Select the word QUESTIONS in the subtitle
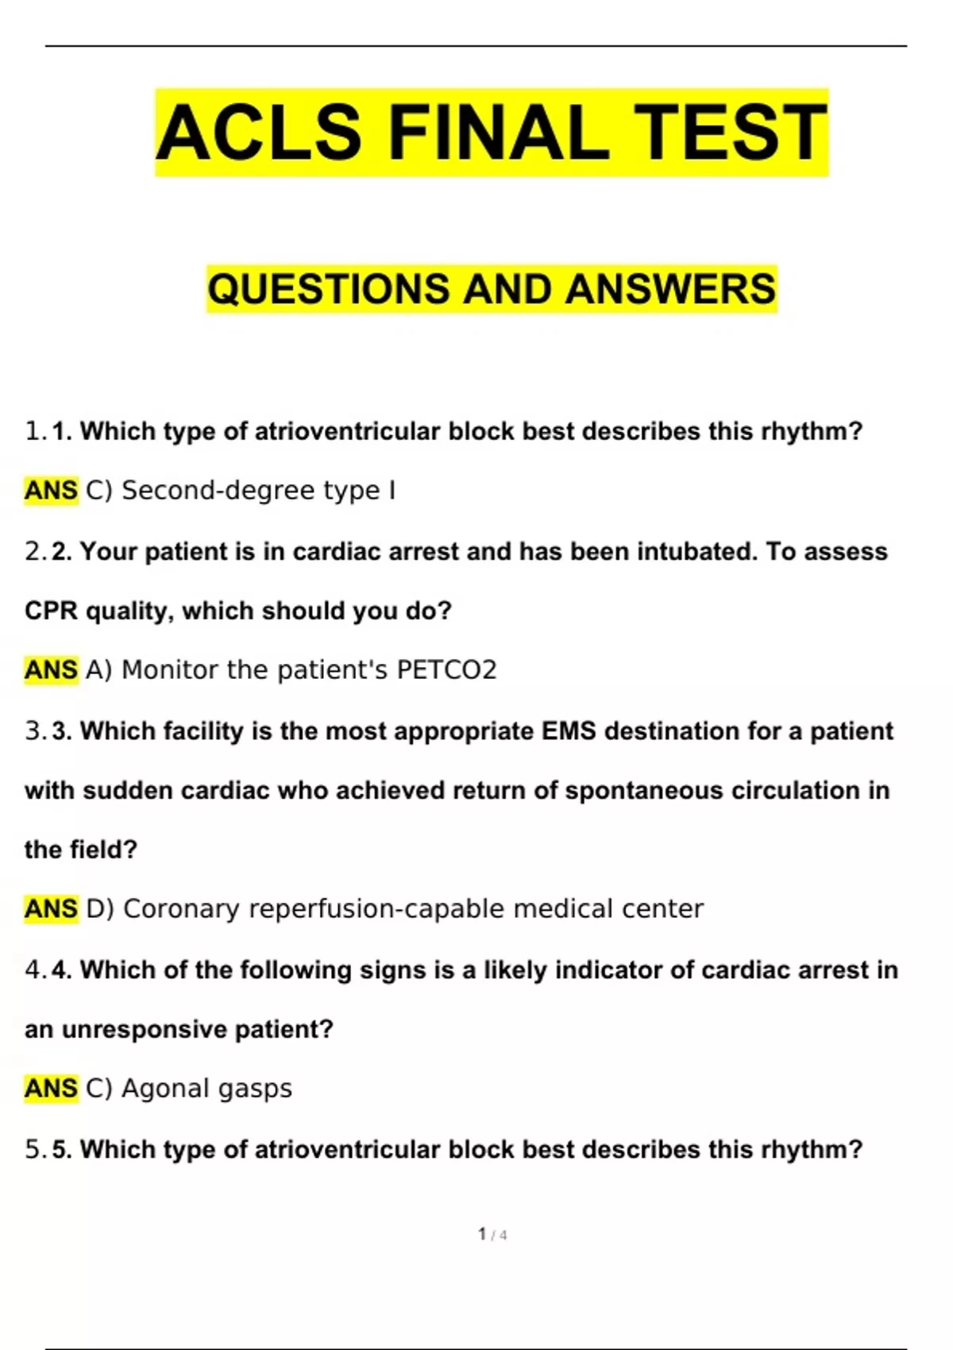pos(328,288)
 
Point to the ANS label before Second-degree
pos(51,491)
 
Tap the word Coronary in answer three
pos(181,909)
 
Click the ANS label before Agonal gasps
pos(51,1089)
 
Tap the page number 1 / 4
pos(492,1235)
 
